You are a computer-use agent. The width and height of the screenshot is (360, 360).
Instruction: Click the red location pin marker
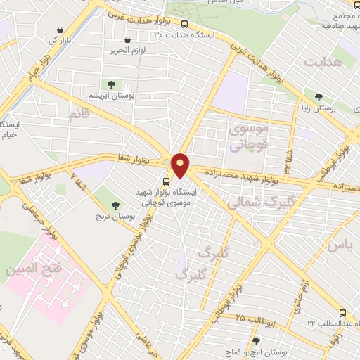coord(181,165)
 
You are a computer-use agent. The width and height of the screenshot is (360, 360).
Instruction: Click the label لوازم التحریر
coord(127,51)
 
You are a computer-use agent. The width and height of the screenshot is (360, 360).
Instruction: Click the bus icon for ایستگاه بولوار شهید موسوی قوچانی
coord(166,181)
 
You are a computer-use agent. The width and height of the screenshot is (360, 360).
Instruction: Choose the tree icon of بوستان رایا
coord(319,97)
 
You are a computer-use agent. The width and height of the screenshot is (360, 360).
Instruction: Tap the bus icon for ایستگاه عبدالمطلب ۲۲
coord(342,311)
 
